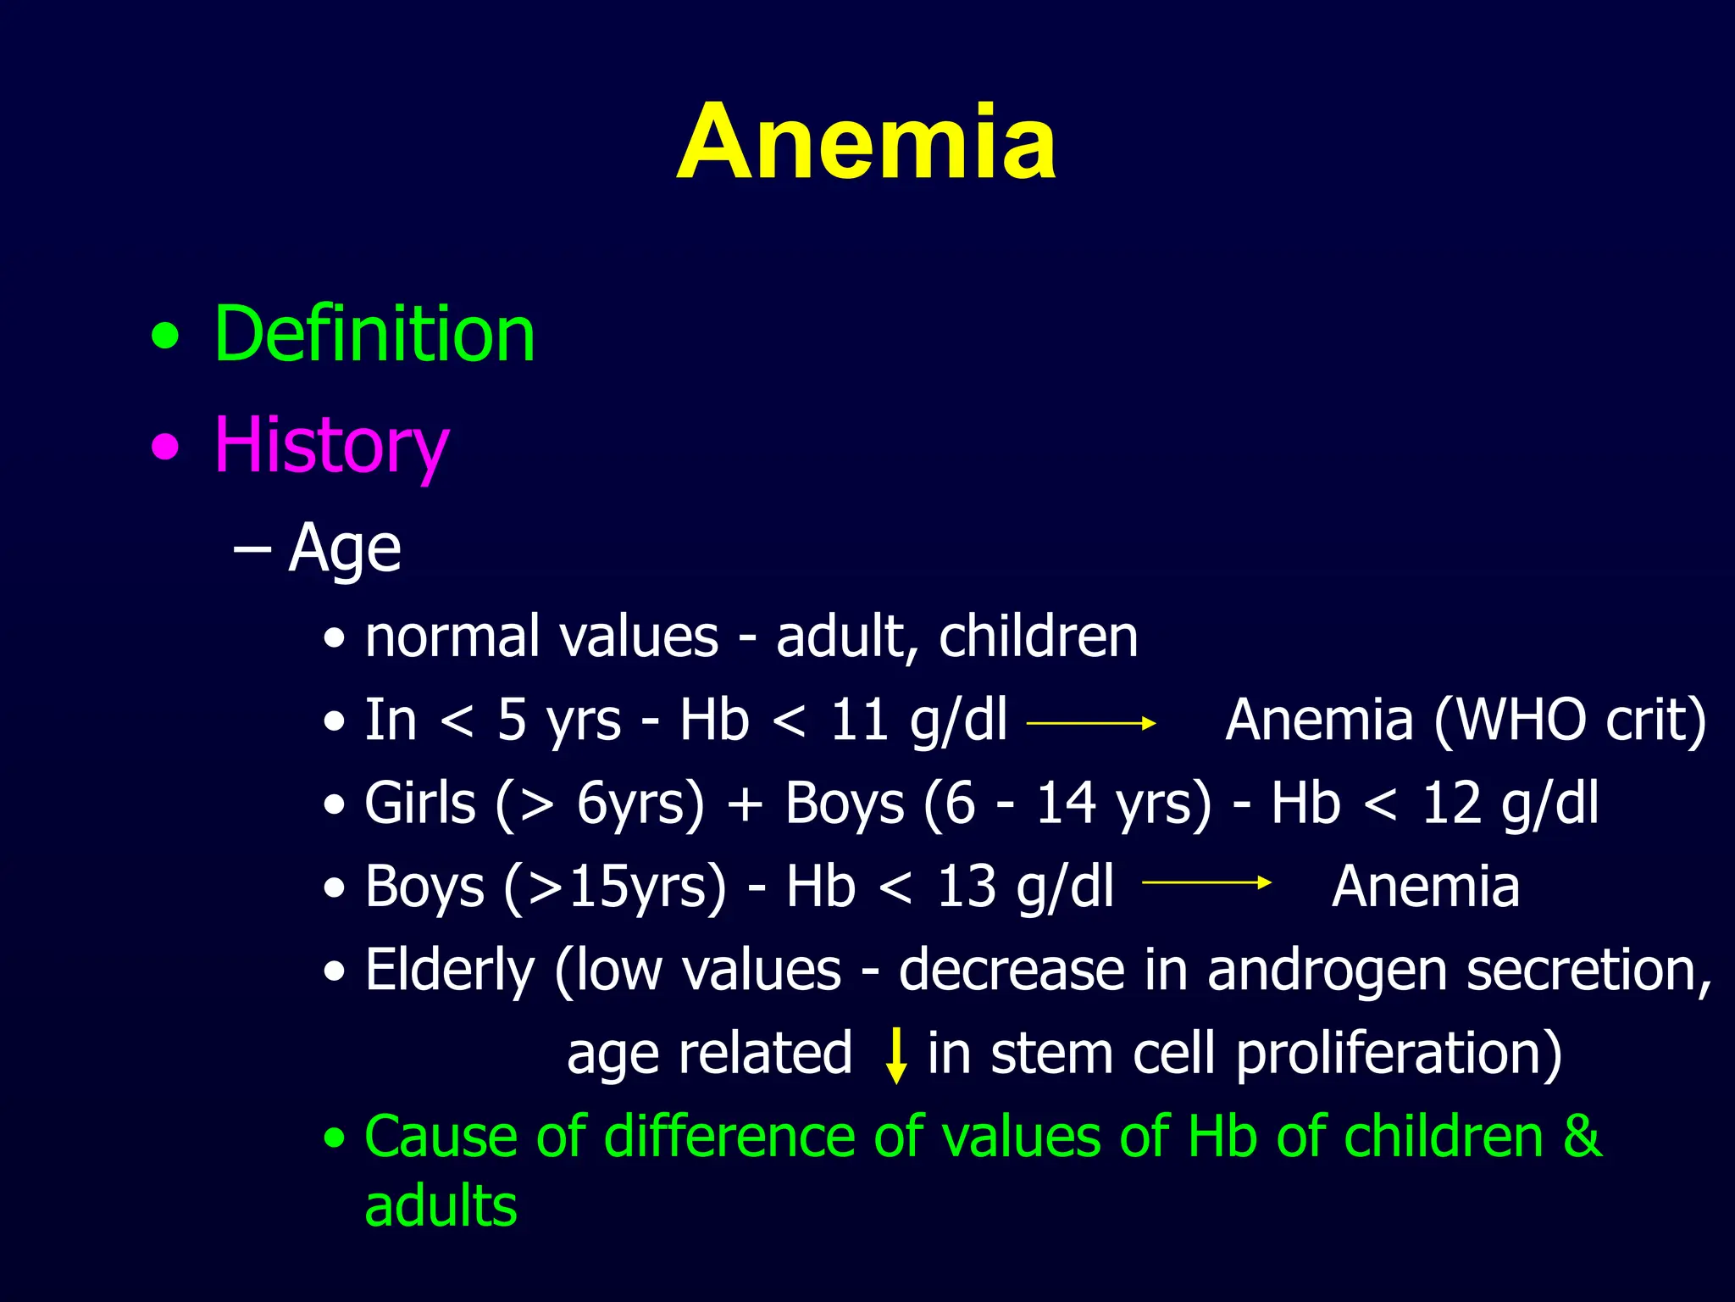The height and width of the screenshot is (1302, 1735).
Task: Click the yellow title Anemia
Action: coord(866,142)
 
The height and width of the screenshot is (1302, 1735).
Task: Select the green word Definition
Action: coord(374,335)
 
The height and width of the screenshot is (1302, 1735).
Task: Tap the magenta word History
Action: coord(330,446)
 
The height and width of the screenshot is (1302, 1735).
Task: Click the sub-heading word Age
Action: coord(344,548)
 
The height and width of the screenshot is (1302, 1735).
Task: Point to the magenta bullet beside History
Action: coord(165,447)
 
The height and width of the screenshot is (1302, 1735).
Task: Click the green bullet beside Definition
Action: coord(165,337)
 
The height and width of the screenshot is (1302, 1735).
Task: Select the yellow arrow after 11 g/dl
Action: coord(1090,723)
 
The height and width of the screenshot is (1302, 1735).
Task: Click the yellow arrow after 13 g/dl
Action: coord(1206,882)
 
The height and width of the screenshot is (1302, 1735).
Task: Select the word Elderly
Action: coord(449,971)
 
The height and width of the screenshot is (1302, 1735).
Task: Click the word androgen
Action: coord(1327,971)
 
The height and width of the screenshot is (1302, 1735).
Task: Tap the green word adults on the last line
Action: coord(441,1205)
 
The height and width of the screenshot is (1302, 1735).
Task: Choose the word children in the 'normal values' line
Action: coord(1038,637)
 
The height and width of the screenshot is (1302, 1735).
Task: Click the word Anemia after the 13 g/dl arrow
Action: coord(1425,887)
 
